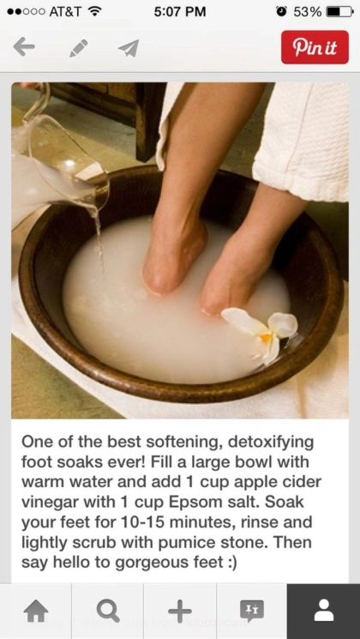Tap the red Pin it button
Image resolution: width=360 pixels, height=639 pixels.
tap(315, 47)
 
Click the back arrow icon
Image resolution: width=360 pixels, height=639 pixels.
tap(24, 47)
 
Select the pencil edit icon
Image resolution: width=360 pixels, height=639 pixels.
tap(79, 48)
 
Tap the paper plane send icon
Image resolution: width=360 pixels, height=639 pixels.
tap(129, 48)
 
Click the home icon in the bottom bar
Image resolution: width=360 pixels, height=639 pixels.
tap(36, 612)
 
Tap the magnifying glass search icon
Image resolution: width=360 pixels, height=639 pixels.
tap(108, 612)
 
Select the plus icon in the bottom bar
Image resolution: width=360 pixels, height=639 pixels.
tap(180, 612)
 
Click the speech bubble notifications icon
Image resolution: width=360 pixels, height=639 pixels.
tap(252, 612)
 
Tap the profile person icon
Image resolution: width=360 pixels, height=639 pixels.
tap(324, 611)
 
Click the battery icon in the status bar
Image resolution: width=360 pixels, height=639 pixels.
tap(339, 11)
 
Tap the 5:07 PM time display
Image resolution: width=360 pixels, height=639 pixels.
tap(180, 11)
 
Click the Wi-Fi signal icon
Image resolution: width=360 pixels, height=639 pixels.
tap(94, 11)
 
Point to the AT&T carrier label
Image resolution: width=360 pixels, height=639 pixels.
tap(65, 11)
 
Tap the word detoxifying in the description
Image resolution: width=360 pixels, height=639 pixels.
tap(271, 442)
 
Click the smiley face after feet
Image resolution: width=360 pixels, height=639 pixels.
tap(230, 563)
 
